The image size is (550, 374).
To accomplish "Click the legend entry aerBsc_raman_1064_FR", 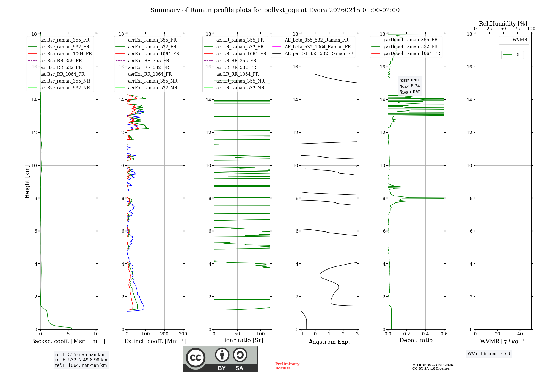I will click(66, 54).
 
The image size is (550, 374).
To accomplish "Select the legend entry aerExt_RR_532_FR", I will click(148, 67).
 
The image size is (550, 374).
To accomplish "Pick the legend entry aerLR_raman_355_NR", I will click(240, 81).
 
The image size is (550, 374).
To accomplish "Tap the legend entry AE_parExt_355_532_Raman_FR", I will click(319, 53).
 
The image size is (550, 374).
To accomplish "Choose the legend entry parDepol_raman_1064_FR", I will click(412, 53).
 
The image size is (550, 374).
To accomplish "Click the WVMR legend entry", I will click(520, 40).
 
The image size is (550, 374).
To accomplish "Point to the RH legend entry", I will click(518, 55).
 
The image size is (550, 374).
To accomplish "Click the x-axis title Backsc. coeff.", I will click(68, 341).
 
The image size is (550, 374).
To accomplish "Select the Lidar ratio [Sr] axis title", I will click(242, 340).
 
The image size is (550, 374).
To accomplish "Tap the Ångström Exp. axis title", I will click(329, 342).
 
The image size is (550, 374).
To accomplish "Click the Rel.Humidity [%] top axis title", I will click(503, 24).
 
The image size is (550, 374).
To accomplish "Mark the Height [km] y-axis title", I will click(27, 182).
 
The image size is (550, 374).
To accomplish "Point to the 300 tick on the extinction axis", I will click(183, 334).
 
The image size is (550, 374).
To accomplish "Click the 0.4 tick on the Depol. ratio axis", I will click(425, 334).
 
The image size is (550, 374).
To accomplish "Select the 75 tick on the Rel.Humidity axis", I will click(517, 29).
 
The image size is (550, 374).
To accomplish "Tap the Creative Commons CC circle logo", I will click(196, 358).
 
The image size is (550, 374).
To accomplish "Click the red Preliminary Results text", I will click(287, 366).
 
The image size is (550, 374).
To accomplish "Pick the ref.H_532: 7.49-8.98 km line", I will click(81, 360).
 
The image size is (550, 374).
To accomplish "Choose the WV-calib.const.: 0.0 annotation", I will click(489, 354).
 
